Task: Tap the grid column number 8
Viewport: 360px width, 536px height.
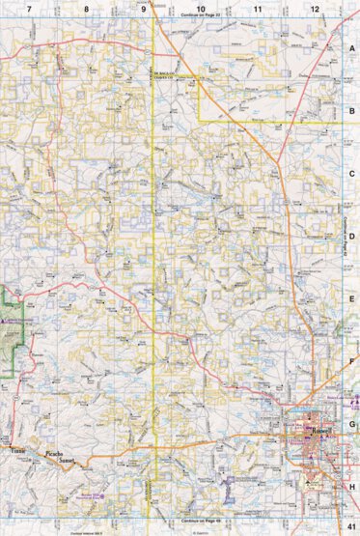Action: pyautogui.click(x=87, y=8)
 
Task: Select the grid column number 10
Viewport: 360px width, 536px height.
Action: pyautogui.click(x=201, y=8)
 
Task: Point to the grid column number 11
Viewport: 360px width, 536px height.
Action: pyautogui.click(x=258, y=8)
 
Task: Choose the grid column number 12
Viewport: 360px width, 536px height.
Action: pyautogui.click(x=315, y=8)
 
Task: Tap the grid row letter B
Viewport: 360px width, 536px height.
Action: pyautogui.click(x=352, y=109)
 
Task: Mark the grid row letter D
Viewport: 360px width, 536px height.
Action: pyautogui.click(x=352, y=235)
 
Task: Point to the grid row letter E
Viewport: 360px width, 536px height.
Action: pyautogui.click(x=352, y=297)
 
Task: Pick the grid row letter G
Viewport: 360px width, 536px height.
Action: pyautogui.click(x=352, y=423)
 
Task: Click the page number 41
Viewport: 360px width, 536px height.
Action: pyautogui.click(x=350, y=524)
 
